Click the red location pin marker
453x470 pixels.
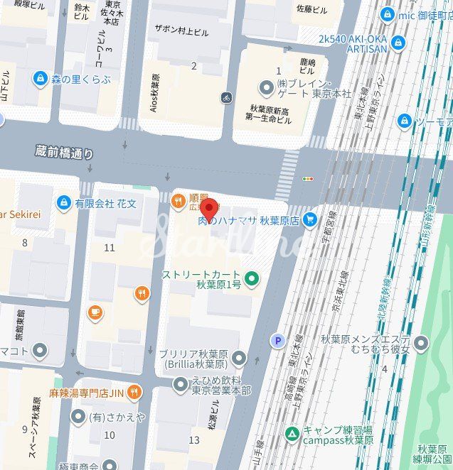(208, 210)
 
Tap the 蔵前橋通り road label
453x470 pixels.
(64, 153)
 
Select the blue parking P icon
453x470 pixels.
(277, 341)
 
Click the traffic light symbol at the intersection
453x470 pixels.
(308, 179)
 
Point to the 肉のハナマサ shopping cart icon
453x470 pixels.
(309, 221)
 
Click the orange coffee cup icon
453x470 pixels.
(95, 312)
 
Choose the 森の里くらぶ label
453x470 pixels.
(80, 80)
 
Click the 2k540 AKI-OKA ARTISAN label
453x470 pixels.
(353, 43)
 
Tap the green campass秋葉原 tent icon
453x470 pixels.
(292, 432)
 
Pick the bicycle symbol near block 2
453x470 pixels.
(227, 97)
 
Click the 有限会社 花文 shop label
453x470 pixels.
(105, 204)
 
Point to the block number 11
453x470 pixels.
(110, 247)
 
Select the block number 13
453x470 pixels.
(194, 440)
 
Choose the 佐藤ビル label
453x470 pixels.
(311, 9)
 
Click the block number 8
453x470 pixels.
(25, 243)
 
